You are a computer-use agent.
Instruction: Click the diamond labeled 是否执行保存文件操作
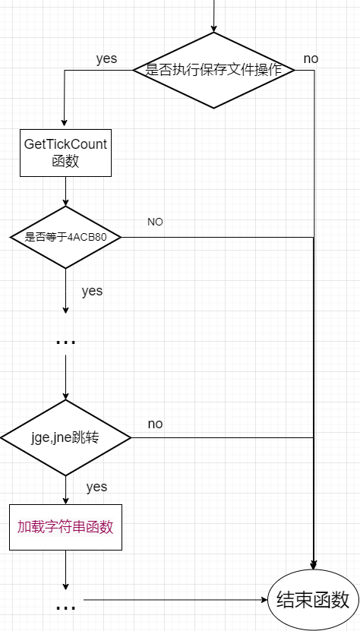click(x=213, y=70)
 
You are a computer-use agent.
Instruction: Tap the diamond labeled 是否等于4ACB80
click(x=66, y=237)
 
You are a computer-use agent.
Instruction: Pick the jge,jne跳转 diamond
click(x=66, y=438)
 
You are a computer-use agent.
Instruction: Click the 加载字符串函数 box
click(x=66, y=526)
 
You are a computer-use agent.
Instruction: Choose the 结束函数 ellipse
click(x=312, y=599)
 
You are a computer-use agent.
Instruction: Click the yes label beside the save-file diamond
click(x=106, y=58)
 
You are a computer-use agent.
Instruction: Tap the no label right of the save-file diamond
click(x=311, y=58)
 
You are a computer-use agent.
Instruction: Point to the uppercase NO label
click(x=155, y=222)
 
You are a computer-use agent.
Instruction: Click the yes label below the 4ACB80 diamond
click(x=92, y=291)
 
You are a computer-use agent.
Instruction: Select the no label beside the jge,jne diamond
click(x=155, y=424)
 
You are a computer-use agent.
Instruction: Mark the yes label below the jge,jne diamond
click(x=96, y=486)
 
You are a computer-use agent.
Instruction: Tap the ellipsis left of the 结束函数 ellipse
click(x=66, y=607)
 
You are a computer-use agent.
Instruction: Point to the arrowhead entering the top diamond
click(x=213, y=28)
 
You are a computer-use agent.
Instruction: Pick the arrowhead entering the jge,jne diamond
click(x=66, y=396)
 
